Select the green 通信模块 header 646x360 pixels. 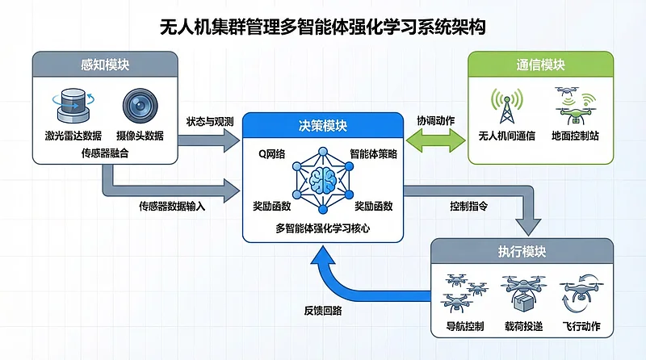(539, 65)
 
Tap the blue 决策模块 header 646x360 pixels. (322, 126)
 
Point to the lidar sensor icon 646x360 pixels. (73, 106)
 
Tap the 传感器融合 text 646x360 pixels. (103, 150)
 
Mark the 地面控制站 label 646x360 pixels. (577, 136)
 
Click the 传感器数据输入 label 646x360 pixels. (173, 207)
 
